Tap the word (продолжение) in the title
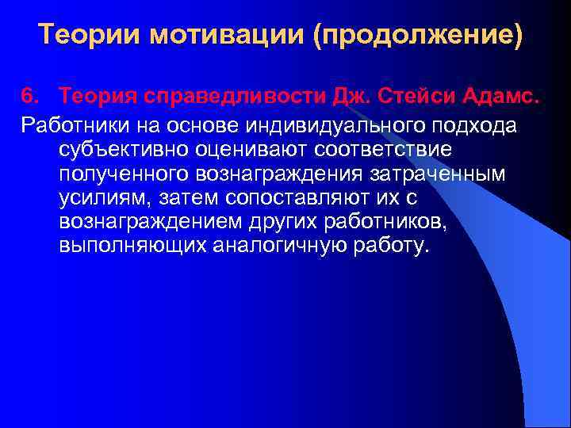click(x=419, y=35)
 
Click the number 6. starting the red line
click(x=32, y=96)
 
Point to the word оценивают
click(x=231, y=148)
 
